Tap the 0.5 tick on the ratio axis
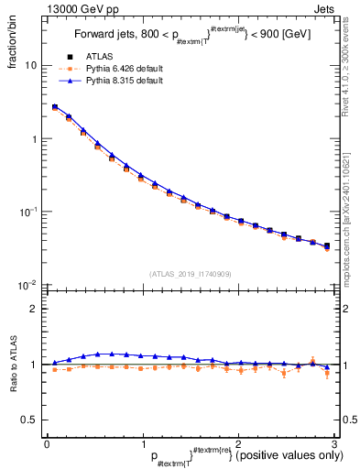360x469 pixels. coord(30,420)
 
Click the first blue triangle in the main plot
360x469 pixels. coord(54,107)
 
